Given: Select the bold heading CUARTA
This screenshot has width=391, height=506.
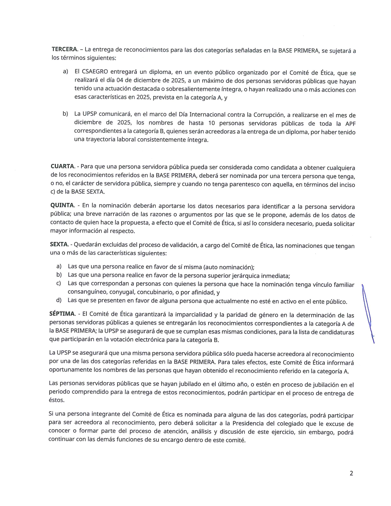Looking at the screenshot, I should (63, 166).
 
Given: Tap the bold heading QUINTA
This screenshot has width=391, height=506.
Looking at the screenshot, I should (62, 205).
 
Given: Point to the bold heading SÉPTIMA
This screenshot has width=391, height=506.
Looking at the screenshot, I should (62, 314).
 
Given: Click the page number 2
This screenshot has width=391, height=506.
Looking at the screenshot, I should (351, 473).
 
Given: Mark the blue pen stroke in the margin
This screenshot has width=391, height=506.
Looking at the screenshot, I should (368, 313).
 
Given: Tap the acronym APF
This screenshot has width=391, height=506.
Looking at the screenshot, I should (350, 124).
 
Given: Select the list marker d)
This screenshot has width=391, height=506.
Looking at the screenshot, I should (59, 300).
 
